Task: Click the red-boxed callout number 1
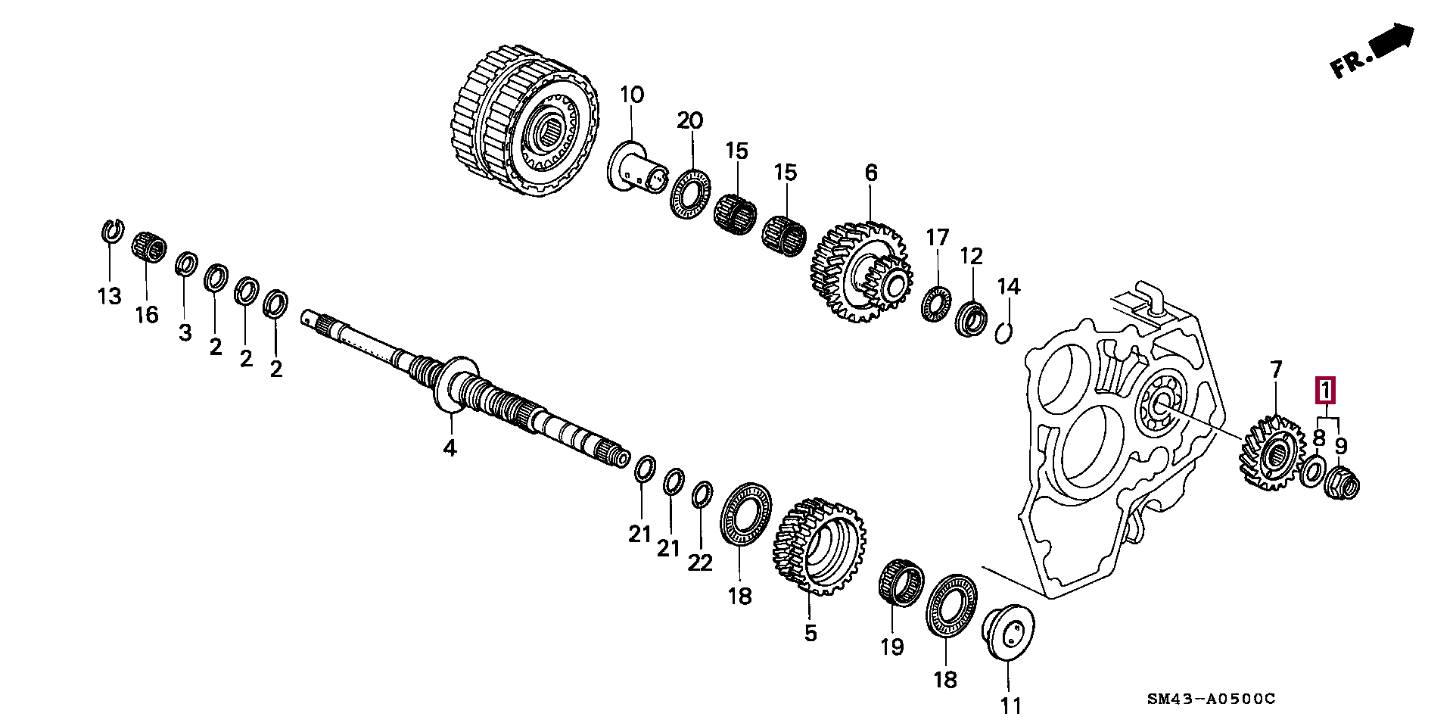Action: click(1325, 391)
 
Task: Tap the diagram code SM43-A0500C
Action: click(1210, 699)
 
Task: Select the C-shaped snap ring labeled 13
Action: click(112, 232)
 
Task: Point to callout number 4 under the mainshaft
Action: click(450, 448)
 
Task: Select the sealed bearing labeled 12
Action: click(970, 318)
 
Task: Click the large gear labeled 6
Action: click(862, 272)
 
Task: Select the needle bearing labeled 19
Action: click(901, 583)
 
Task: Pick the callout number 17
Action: click(938, 237)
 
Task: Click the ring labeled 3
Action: click(186, 265)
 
